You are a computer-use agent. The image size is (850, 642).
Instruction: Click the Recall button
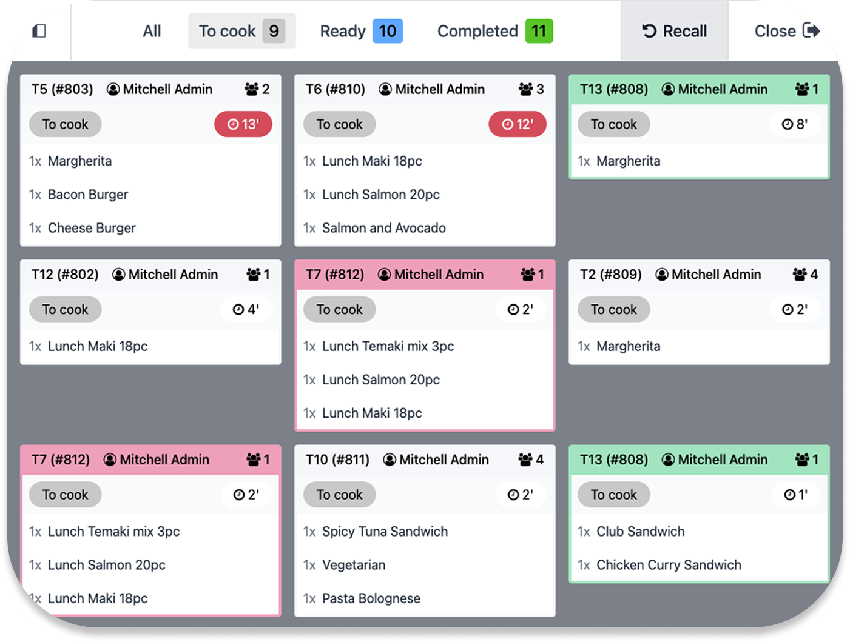(674, 31)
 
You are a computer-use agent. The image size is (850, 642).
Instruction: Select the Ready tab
(343, 31)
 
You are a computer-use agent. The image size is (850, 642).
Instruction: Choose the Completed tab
(477, 31)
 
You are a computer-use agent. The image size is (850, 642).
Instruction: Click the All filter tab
(152, 31)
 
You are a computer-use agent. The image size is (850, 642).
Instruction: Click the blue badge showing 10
(388, 31)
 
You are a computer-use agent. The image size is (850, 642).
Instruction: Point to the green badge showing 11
(539, 31)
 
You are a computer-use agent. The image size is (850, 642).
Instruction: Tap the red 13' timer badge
(243, 124)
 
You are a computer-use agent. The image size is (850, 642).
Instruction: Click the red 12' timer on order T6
(518, 124)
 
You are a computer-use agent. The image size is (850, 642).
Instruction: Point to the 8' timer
(795, 124)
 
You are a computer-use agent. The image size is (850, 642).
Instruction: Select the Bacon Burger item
(88, 195)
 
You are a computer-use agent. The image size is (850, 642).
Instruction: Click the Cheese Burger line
(92, 228)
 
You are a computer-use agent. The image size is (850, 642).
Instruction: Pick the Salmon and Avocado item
(383, 228)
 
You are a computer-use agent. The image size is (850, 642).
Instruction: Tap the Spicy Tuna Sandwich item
(385, 532)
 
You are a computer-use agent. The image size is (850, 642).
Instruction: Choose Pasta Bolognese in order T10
(371, 598)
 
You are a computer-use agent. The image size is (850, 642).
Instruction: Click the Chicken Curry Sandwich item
(669, 565)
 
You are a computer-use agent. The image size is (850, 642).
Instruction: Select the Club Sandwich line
(640, 532)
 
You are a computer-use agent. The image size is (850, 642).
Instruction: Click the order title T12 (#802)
(65, 275)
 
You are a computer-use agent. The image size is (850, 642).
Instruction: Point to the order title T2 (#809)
(611, 275)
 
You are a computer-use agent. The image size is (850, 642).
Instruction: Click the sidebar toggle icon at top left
(39, 30)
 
